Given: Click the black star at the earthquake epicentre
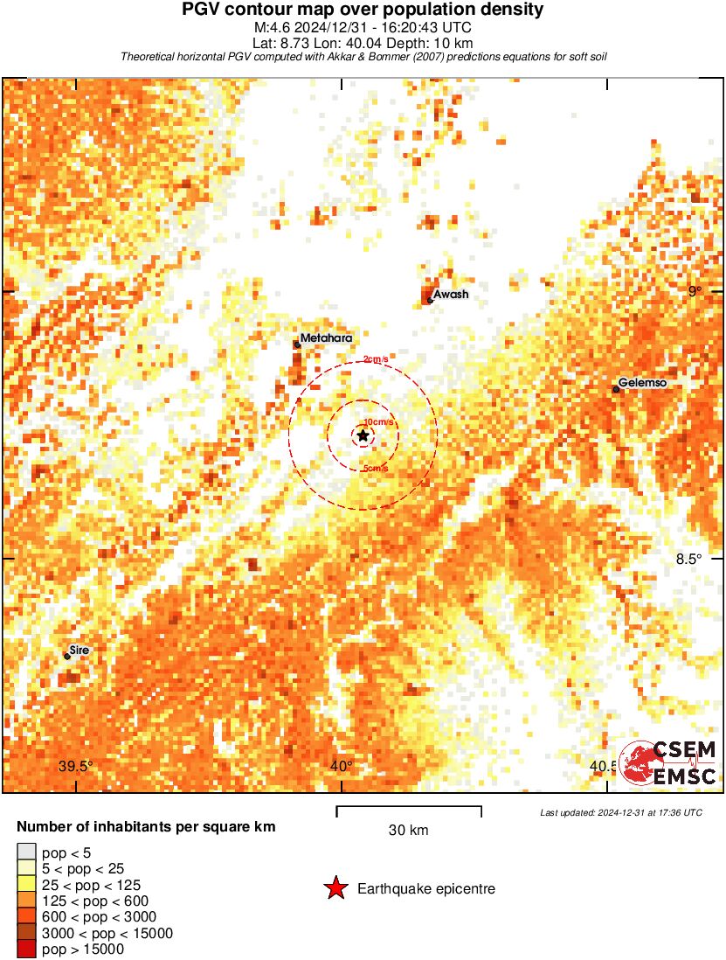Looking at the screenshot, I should tap(363, 435).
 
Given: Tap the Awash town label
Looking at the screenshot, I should tap(452, 295).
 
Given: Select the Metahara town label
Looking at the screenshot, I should tap(325, 338).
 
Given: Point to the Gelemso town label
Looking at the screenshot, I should tap(643, 383).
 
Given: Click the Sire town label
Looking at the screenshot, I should tap(79, 650).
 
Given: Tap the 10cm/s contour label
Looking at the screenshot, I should tap(378, 422).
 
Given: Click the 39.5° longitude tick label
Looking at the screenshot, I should tap(76, 767).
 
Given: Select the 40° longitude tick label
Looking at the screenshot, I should tap(342, 767).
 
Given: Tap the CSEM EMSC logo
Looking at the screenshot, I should tap(668, 763).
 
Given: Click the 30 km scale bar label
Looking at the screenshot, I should tap(408, 831).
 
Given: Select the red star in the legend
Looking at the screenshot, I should tap(335, 889).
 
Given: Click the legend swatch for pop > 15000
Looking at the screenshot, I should tap(26, 950).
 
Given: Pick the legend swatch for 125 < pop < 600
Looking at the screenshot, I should tap(26, 901).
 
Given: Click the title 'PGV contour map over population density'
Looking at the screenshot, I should tap(363, 10).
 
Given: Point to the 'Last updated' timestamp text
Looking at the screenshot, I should tap(621, 813).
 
